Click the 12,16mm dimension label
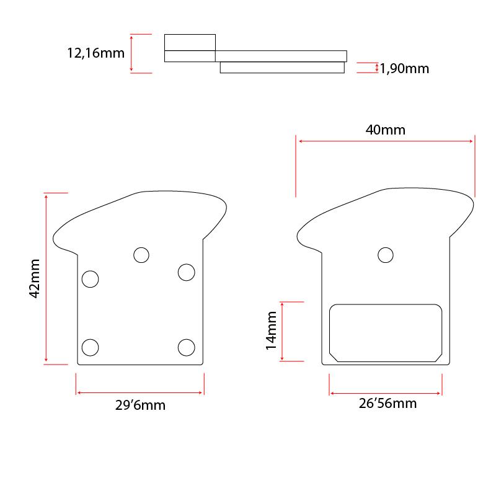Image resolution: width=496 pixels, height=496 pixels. pyautogui.click(x=95, y=53)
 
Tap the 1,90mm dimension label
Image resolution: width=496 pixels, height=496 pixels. pyautogui.click(x=404, y=69)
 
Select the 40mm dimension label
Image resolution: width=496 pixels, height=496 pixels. pyautogui.click(x=385, y=130)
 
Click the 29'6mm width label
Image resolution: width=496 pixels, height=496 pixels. pyautogui.click(x=141, y=406)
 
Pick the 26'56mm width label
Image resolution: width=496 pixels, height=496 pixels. pyautogui.click(x=387, y=404)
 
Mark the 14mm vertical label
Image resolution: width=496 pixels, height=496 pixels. pyautogui.click(x=272, y=332)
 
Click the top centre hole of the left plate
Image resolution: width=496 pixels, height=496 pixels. pyautogui.click(x=141, y=254)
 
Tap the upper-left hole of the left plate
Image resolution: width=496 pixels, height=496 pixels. pyautogui.click(x=91, y=279)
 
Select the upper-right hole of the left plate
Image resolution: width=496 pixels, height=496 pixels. pyautogui.click(x=186, y=272)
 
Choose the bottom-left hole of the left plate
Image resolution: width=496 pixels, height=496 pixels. pyautogui.click(x=91, y=347)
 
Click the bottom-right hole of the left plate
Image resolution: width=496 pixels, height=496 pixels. pyautogui.click(x=186, y=347)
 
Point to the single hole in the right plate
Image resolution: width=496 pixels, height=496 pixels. pyautogui.click(x=386, y=255)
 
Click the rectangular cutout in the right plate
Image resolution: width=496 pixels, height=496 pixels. pyautogui.click(x=385, y=332)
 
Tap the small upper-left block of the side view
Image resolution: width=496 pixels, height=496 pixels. pyautogui.click(x=190, y=42)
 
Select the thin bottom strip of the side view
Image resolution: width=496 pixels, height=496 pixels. pyautogui.click(x=282, y=68)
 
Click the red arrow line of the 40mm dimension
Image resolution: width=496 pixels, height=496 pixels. pyautogui.click(x=386, y=141)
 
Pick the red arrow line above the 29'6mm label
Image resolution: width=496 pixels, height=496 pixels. pyautogui.click(x=140, y=392)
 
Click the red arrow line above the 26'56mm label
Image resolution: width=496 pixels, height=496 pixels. pyautogui.click(x=386, y=392)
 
